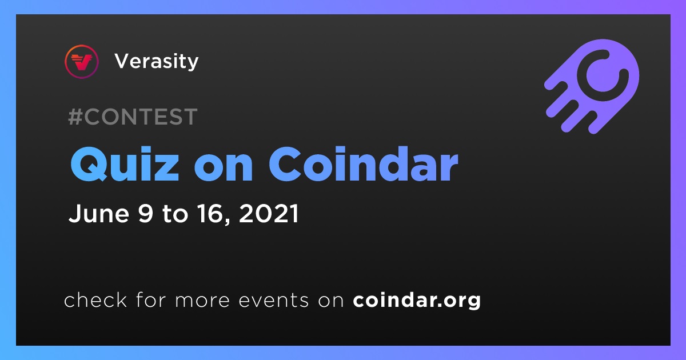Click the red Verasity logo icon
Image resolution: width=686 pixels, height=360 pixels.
(x=81, y=62)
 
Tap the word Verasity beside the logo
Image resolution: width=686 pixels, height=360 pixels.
(x=157, y=62)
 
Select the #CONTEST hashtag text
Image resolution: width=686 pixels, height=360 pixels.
(x=133, y=117)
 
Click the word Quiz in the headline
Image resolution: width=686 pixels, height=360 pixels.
(x=125, y=165)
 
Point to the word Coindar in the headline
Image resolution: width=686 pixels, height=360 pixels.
(x=364, y=164)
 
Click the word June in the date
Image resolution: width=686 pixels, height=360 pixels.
(x=98, y=213)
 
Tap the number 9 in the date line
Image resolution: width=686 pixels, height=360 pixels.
(x=145, y=213)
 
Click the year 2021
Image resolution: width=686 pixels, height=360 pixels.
(x=269, y=213)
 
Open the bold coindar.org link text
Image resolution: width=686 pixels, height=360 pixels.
(x=417, y=301)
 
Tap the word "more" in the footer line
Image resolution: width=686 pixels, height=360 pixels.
(x=202, y=301)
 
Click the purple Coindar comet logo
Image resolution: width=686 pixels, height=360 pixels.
(x=592, y=86)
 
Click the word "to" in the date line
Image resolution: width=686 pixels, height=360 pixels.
(x=175, y=214)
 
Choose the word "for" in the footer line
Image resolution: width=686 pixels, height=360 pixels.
(x=151, y=299)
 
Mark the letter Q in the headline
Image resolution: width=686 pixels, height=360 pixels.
(x=89, y=165)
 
